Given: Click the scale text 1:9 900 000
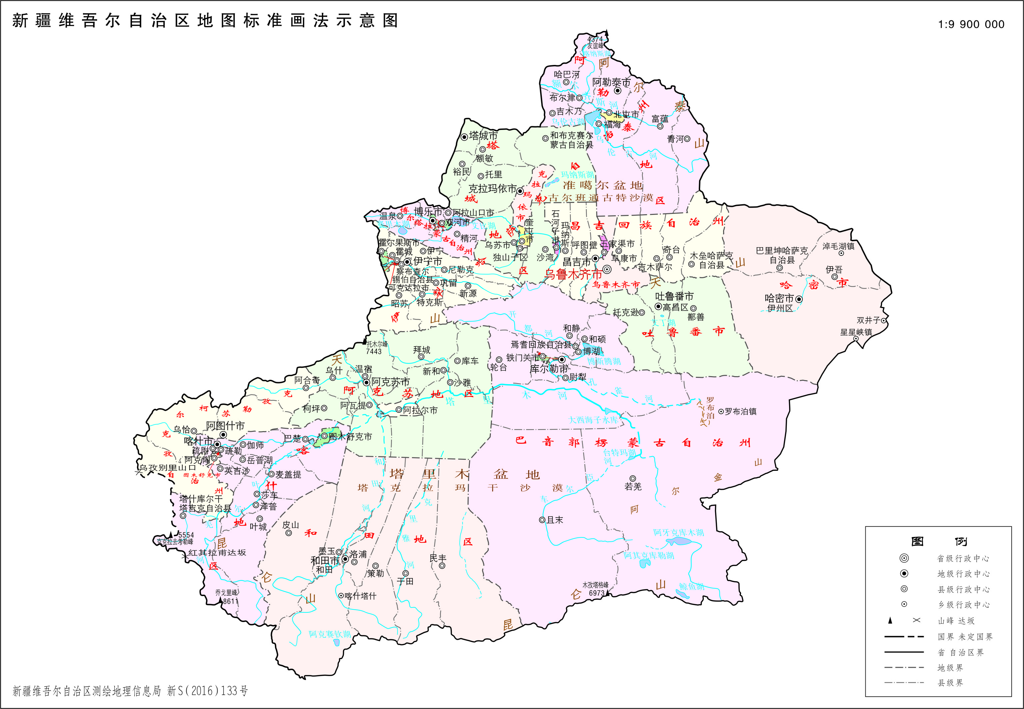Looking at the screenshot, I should coord(971,24).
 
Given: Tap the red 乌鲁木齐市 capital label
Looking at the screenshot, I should coord(573,275).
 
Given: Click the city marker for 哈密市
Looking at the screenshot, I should coord(799,300).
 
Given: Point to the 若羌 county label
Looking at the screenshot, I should coord(632,487).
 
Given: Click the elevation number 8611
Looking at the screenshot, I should coord(231,601).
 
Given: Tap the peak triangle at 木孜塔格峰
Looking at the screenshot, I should coord(607,592).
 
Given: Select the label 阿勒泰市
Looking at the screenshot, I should coord(611,82).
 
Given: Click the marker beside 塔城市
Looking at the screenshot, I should coord(464,137).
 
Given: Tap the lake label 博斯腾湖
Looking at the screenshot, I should coord(604,361).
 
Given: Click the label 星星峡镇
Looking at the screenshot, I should coord(856,332).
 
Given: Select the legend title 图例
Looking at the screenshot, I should coord(938,541).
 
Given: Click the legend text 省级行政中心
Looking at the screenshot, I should coord(963,558).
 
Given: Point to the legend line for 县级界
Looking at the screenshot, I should coord(904,682).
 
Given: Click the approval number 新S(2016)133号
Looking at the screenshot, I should coord(208,691).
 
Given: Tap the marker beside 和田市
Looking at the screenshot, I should coord(345,559).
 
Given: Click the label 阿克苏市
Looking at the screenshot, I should coord(391,381).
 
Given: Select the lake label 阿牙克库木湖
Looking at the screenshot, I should coord(678,532).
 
